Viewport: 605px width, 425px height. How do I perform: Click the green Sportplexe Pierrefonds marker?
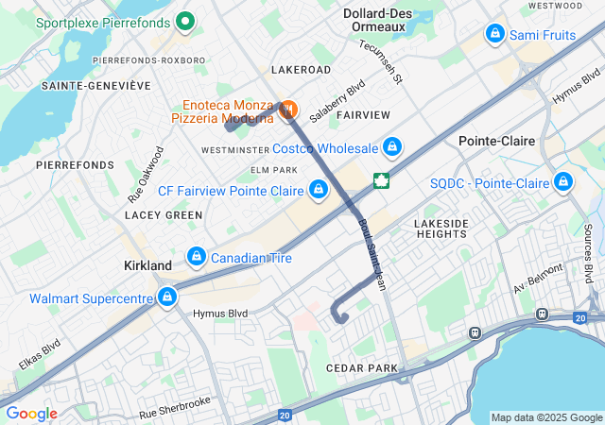coord(185,20)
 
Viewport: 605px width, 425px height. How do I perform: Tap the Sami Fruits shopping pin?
coord(493,34)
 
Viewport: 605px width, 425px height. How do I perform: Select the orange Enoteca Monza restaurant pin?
coord(287,110)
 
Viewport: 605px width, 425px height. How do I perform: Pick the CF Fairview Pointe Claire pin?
coord(319,190)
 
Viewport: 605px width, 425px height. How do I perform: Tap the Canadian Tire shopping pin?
coord(197,257)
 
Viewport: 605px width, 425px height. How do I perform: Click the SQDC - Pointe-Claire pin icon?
coord(563,181)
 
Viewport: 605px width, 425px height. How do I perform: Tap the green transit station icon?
coord(382,179)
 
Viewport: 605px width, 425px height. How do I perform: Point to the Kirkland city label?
coord(147,266)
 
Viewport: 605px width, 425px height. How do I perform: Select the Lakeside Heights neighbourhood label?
coord(441,229)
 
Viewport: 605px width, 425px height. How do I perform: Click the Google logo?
coord(31,414)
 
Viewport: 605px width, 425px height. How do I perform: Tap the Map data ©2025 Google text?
coord(545,417)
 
